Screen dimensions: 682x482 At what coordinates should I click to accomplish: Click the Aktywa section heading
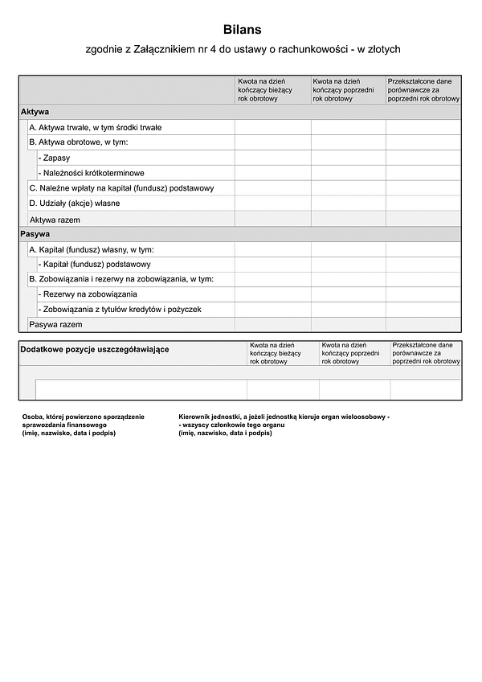[x=35, y=112]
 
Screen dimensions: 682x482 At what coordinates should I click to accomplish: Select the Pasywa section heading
[x=35, y=234]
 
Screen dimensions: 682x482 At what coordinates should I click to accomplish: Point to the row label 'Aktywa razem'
[x=55, y=220]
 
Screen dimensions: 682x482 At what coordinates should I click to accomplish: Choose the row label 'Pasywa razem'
[x=55, y=325]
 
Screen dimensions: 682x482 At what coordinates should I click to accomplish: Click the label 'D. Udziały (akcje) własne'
[x=74, y=203]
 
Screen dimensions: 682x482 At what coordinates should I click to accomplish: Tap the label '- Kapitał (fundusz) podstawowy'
[x=94, y=264]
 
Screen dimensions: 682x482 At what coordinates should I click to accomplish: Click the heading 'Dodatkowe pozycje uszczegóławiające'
[x=94, y=350]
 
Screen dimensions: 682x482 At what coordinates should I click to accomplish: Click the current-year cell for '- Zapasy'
[x=272, y=158]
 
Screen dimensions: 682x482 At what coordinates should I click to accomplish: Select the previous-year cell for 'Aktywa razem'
[x=348, y=220]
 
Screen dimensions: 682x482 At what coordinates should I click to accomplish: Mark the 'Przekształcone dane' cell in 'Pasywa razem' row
[x=423, y=325]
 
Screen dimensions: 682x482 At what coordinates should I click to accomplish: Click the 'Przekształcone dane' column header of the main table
[x=423, y=90]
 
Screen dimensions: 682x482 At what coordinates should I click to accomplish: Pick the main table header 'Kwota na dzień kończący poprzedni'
[x=347, y=90]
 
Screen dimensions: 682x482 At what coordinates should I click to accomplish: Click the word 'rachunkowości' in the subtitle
[x=310, y=50]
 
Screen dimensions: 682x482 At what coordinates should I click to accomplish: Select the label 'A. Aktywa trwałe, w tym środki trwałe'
[x=108, y=127]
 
